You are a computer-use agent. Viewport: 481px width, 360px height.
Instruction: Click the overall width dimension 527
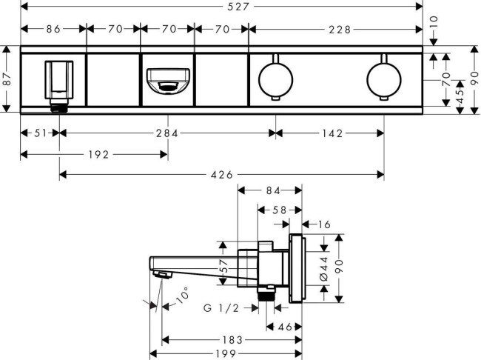(x=221, y=7)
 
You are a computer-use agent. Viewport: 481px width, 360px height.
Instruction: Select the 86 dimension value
(x=53, y=30)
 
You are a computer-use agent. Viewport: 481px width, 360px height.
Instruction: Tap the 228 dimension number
(x=335, y=30)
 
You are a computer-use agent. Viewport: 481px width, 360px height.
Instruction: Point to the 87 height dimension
(x=7, y=79)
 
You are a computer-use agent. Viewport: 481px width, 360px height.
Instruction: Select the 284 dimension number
(x=166, y=134)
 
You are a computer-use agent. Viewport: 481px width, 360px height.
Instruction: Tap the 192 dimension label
(x=98, y=155)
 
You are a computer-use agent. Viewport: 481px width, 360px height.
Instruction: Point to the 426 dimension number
(x=221, y=175)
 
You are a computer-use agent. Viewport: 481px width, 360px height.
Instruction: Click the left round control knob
(x=276, y=79)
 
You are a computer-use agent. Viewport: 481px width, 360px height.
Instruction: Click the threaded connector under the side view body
(x=265, y=296)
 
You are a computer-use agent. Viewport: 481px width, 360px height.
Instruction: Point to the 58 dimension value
(x=279, y=210)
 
